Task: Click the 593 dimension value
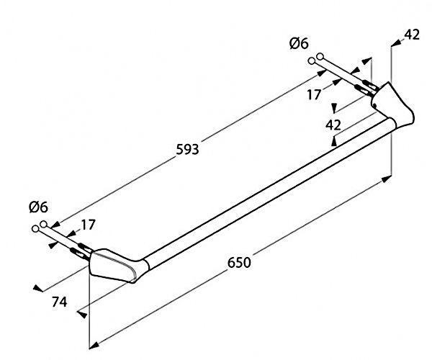[x=187, y=150]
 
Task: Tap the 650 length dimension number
[x=239, y=263]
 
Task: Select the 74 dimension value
[x=60, y=302]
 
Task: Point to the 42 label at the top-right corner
[x=412, y=35]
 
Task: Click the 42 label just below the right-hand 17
[x=333, y=125]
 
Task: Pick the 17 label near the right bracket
[x=314, y=95]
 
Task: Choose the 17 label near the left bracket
[x=88, y=225]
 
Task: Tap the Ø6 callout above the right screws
[x=299, y=43]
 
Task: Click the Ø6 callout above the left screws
[x=38, y=207]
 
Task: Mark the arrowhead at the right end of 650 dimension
[x=387, y=179]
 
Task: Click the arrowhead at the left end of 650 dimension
[x=94, y=346]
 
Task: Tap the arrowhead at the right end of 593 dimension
[x=321, y=73]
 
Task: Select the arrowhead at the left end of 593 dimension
[x=56, y=225]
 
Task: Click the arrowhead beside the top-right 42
[x=396, y=42]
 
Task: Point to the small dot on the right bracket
[x=374, y=105]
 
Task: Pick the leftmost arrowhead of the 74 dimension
[x=37, y=289]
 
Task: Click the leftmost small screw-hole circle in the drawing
[x=35, y=229]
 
